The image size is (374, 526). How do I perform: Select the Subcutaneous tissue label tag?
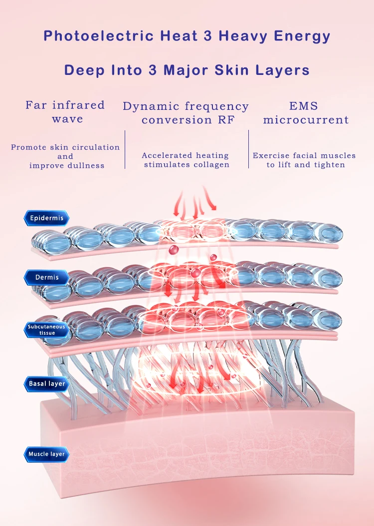(x=46, y=330)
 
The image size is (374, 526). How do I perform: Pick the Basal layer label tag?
(x=46, y=384)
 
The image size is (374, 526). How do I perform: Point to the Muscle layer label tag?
(x=46, y=454)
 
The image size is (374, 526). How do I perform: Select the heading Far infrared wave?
(x=65, y=112)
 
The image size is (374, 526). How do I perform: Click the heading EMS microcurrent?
(x=306, y=113)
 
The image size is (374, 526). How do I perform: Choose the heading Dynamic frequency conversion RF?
(x=186, y=113)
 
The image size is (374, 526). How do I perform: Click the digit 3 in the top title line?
(x=207, y=36)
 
